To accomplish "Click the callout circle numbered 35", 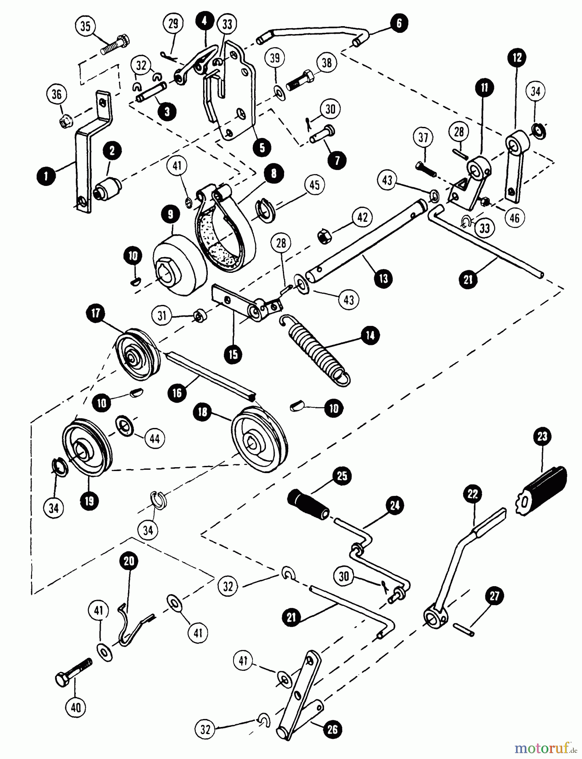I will point(85,26).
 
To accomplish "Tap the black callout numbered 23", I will point(542,436).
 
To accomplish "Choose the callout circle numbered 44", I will point(155,439).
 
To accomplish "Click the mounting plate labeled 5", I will point(236,93).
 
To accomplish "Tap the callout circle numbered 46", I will point(515,218).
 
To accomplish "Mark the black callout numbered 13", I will point(383,279).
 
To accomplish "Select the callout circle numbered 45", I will point(314,185).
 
